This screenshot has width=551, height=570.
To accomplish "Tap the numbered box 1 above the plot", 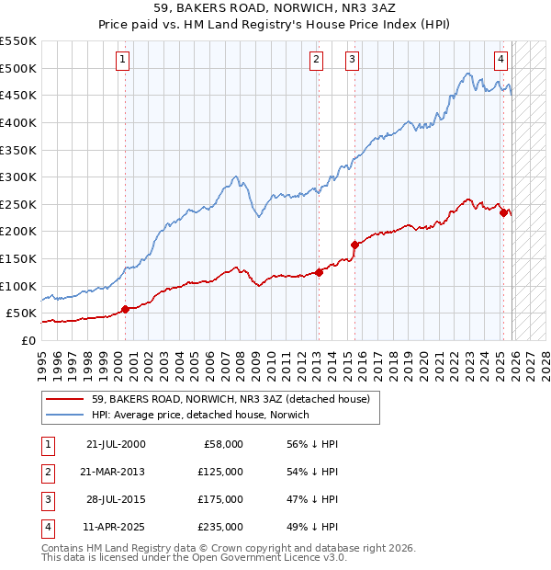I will pos(123,61).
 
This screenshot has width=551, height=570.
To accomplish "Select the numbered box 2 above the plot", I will pos(316,61).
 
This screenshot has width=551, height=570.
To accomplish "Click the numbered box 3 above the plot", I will pos(352,61).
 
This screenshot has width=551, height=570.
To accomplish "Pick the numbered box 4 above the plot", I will pos(501,61).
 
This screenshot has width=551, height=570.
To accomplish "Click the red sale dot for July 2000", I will pos(125,309).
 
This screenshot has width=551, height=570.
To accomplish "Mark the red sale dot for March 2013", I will pos(319,272).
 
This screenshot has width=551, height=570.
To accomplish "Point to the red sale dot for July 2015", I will pos(354,245).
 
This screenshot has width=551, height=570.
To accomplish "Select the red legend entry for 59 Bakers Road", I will pos(230,399).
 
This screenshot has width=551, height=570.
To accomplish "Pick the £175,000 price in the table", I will pos(220,501).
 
